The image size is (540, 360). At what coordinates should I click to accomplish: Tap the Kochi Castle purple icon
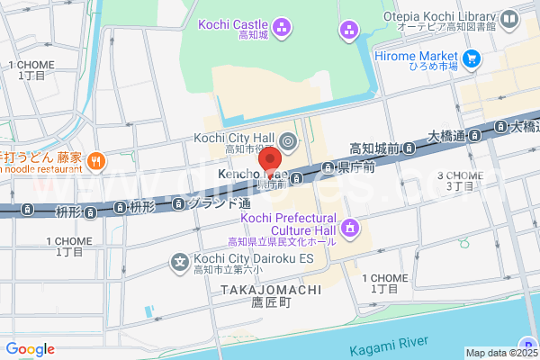point(282,28)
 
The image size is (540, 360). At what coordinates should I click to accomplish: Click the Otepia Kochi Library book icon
point(510,17)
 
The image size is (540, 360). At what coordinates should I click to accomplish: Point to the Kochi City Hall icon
point(287,140)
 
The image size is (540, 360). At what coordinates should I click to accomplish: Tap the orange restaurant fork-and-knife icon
point(97,161)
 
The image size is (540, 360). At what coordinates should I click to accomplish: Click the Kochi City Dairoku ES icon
point(179,263)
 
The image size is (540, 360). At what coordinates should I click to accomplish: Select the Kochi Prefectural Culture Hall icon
point(347,228)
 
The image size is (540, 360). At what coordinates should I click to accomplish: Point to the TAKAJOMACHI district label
point(258,291)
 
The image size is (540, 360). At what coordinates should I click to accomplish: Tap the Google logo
point(30,349)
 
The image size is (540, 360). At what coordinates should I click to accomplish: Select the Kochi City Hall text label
point(232,137)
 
